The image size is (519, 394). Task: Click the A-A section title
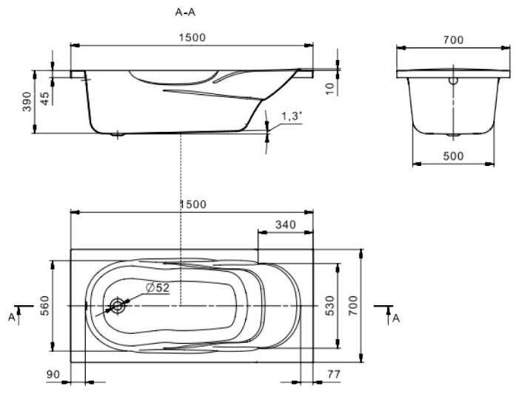click(185, 13)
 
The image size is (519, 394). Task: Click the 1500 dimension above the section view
click(192, 38)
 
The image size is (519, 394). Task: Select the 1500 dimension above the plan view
click(193, 204)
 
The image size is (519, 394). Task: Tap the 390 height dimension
click(27, 101)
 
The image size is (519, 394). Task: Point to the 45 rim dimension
click(44, 98)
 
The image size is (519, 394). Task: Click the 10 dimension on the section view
click(330, 88)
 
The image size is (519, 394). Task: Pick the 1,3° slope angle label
click(292, 116)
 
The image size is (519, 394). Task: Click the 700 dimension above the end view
click(453, 40)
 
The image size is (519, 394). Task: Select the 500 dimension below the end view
click(453, 156)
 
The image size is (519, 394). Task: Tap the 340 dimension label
click(286, 225)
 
